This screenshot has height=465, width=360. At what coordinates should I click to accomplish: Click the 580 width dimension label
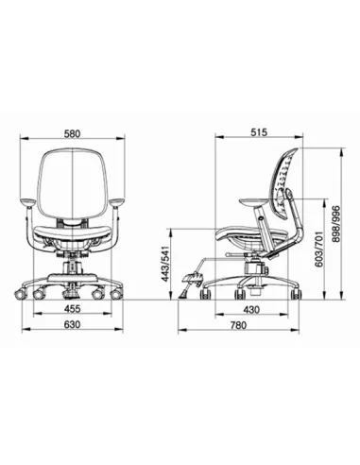[73, 133]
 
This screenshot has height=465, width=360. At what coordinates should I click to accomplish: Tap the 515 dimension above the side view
[259, 132]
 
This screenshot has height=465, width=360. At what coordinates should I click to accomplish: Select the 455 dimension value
[73, 308]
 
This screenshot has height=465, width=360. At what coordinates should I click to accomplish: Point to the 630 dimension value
[73, 324]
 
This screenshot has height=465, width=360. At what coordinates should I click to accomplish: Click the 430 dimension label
[251, 310]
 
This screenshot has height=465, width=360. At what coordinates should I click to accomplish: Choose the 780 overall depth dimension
[238, 325]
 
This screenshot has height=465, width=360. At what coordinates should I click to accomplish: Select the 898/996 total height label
[336, 223]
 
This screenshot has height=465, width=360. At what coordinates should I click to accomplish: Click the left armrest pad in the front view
[26, 202]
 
